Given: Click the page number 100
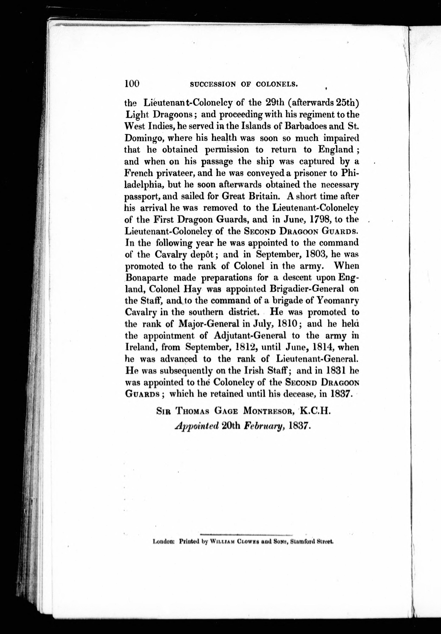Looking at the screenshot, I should pyautogui.click(x=132, y=83).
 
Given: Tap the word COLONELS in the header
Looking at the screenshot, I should pyautogui.click(x=277, y=85).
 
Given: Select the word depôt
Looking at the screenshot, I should pyautogui.click(x=206, y=254).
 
